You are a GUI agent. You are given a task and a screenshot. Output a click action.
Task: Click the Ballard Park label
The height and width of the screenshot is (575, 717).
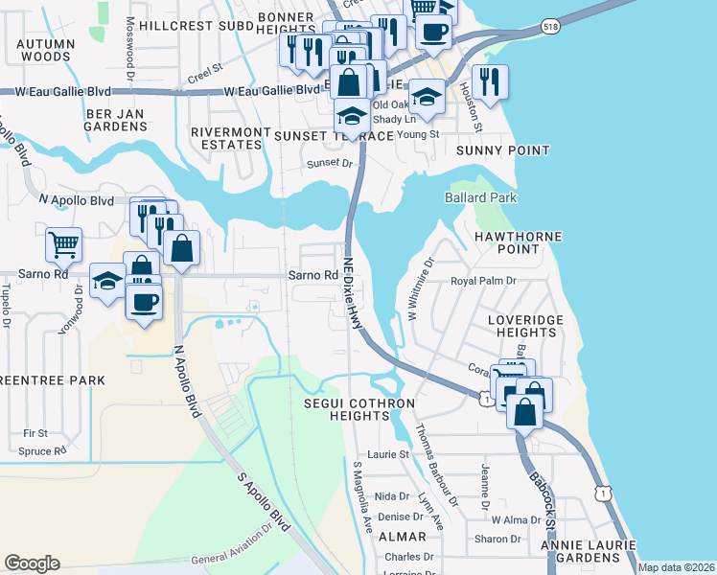coord(480,197)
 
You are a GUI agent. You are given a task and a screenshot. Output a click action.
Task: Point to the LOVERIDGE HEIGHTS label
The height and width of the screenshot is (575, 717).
coord(521,326)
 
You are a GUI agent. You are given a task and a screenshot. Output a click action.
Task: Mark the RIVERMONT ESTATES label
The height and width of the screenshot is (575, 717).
coord(226,138)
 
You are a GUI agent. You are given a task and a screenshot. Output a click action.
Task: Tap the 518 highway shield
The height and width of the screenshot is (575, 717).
coord(549,28)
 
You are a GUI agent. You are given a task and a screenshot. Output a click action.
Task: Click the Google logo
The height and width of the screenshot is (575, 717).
coord(32,563)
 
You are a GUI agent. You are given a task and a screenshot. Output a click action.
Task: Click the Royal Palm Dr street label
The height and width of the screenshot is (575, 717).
coord(483,282)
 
